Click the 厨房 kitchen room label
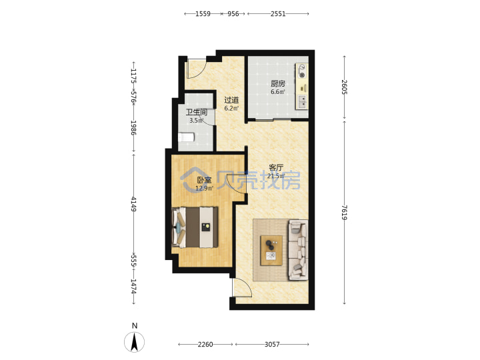[x=277, y=83]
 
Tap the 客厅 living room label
[x=276, y=167]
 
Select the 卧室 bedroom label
[x=204, y=180]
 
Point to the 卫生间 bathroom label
[x=197, y=112]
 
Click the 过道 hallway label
[x=231, y=100]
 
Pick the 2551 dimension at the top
[x=278, y=14]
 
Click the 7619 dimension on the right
[x=345, y=213]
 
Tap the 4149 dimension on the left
[x=134, y=204]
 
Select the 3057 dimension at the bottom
[x=272, y=345]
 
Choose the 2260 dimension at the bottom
[x=205, y=345]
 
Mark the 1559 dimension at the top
[x=203, y=14]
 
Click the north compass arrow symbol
[x=135, y=341]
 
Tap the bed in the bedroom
[x=195, y=227]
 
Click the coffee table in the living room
[x=271, y=250]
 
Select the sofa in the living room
[x=298, y=250]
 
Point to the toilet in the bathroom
[x=187, y=137]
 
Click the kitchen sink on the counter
[x=302, y=101]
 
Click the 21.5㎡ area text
[x=276, y=176]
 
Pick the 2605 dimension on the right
[x=345, y=87]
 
